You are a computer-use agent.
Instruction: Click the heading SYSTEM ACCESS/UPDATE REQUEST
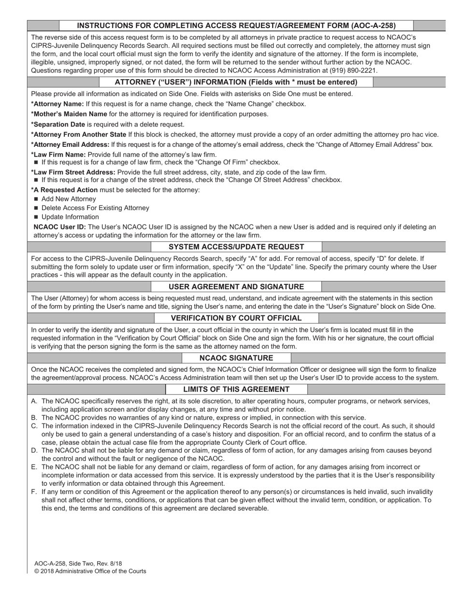236,247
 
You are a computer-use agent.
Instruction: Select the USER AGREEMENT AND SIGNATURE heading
236,287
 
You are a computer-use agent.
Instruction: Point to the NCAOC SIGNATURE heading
236,358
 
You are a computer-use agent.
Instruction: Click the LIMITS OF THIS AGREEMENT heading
236,389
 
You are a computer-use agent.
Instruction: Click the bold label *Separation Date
58,124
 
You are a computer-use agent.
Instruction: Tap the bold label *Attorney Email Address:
70,144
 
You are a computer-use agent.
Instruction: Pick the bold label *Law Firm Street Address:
73,172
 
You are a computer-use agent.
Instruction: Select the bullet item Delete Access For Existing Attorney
95,208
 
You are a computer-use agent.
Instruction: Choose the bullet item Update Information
70,217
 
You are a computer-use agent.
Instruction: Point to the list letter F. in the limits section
34,492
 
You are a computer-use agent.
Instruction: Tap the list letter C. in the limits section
34,426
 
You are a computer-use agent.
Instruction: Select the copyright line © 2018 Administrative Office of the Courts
90,571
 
